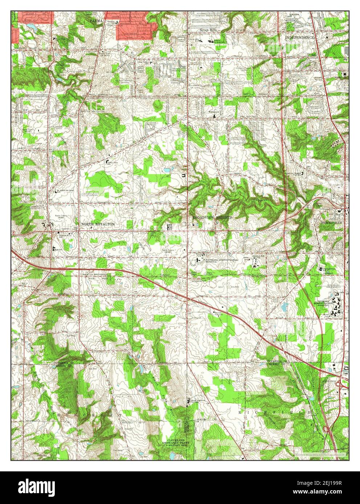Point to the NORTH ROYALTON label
pos(98,224)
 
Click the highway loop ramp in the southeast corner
pos(326,429)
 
